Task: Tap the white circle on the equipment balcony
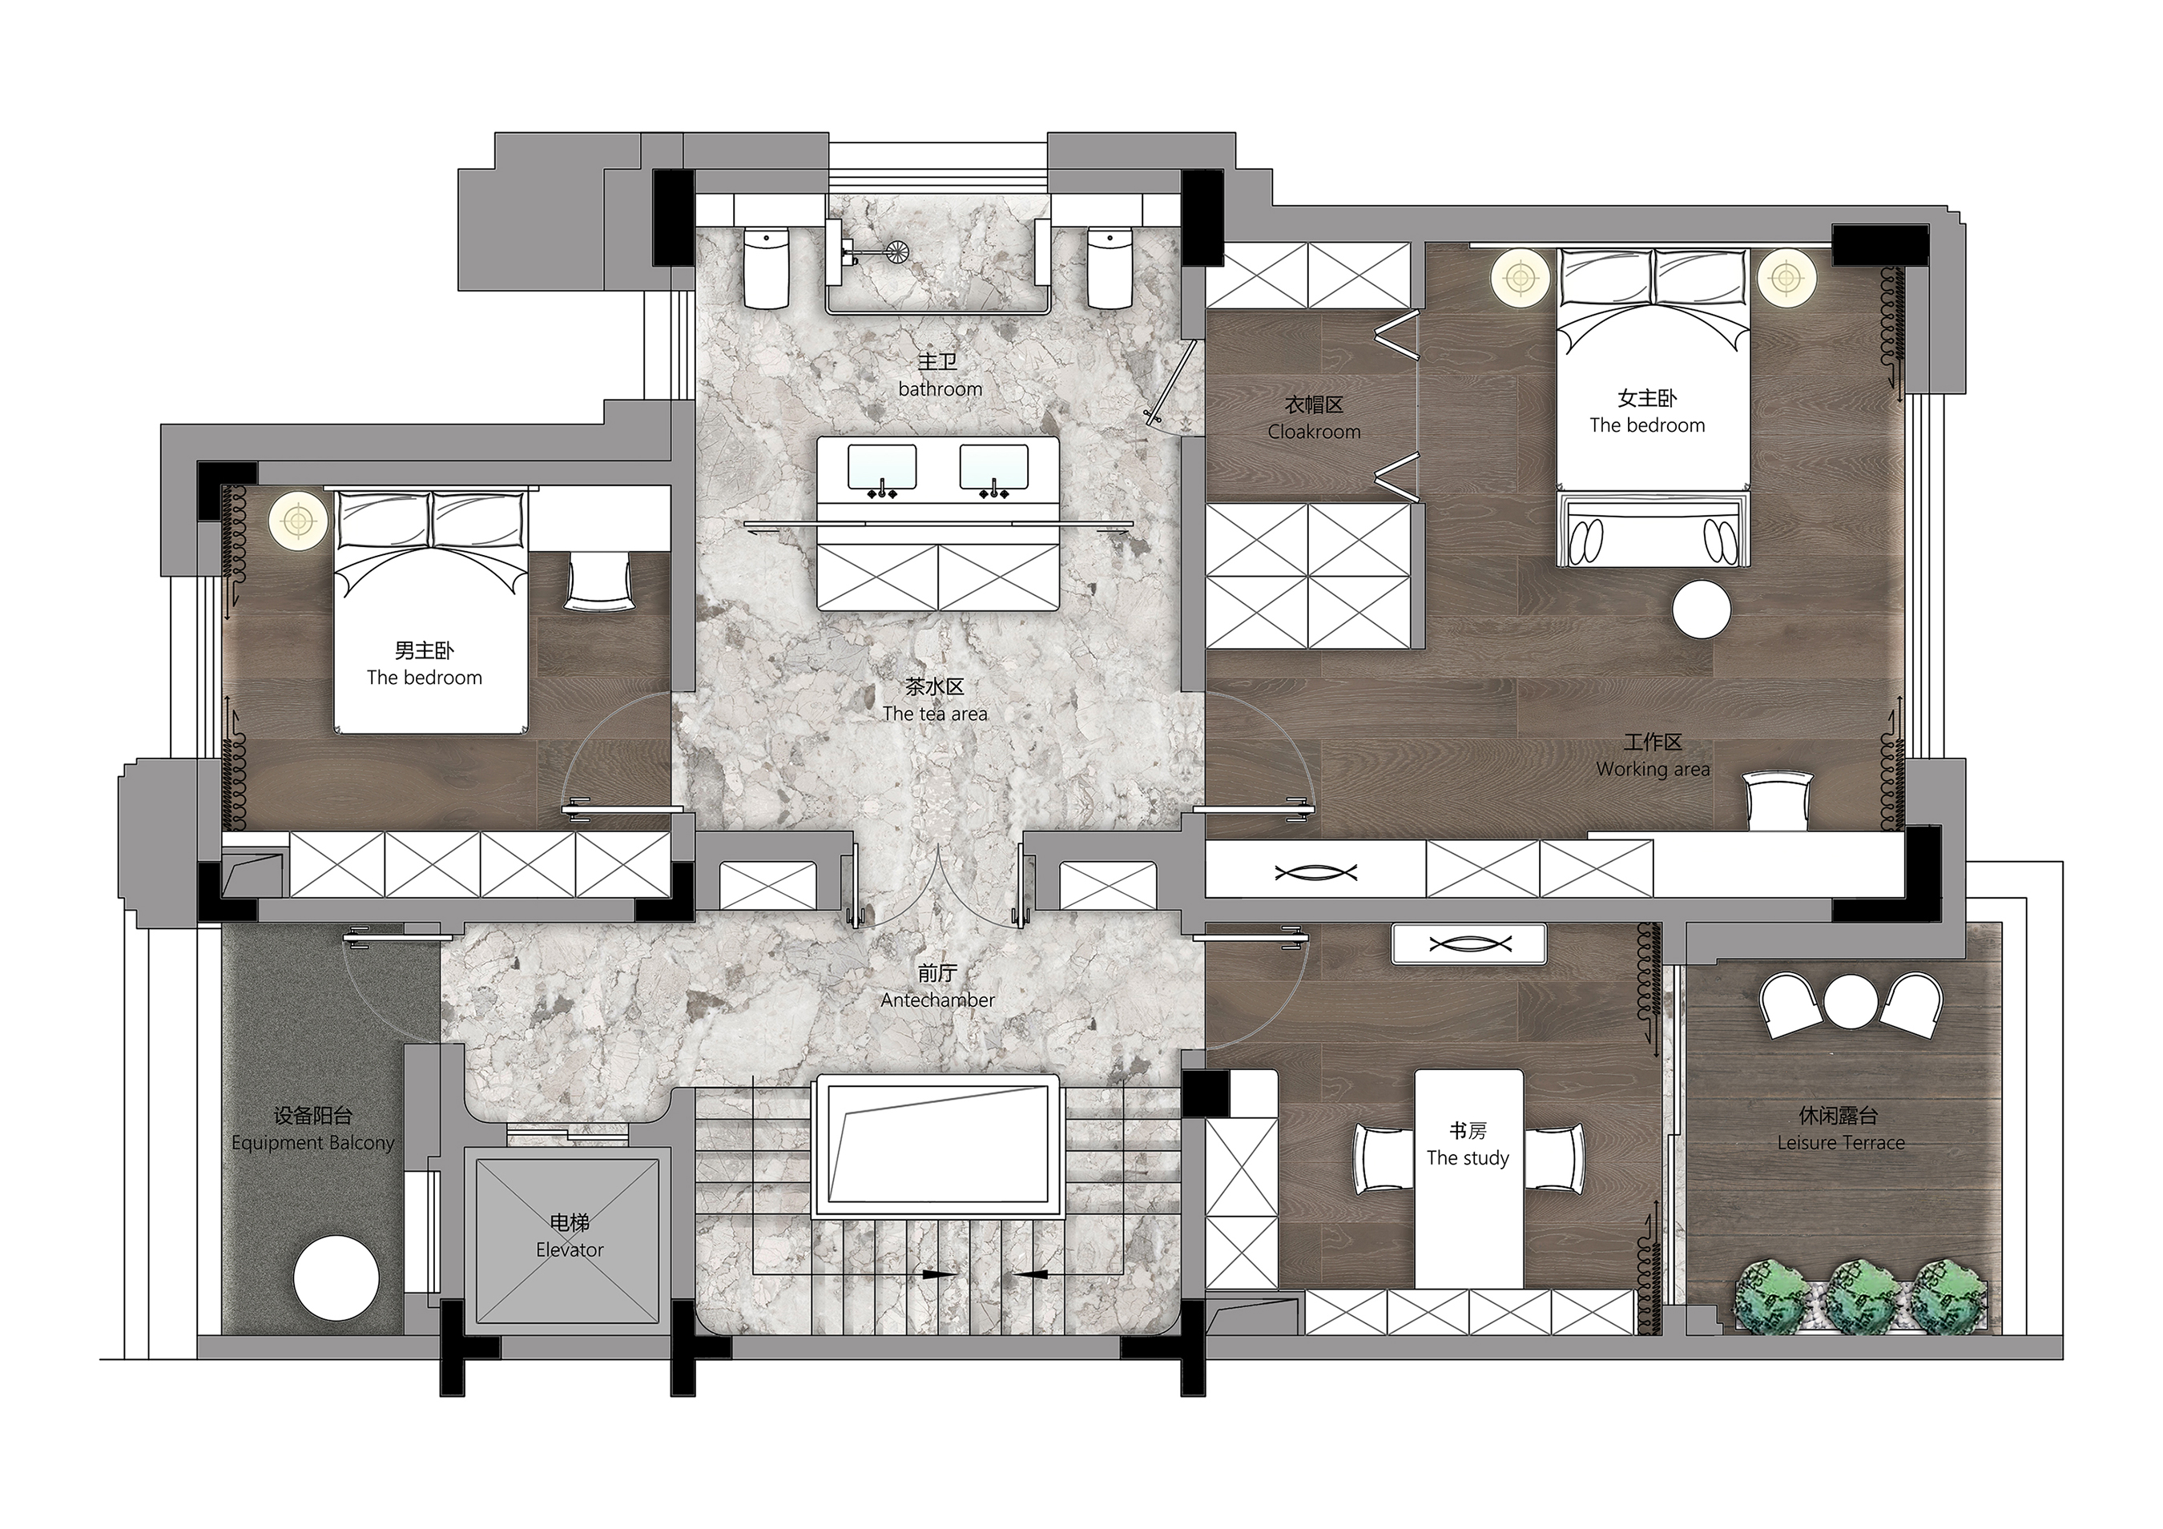click(x=336, y=1278)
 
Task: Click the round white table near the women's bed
click(x=1702, y=610)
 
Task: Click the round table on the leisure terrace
click(x=1851, y=1000)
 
